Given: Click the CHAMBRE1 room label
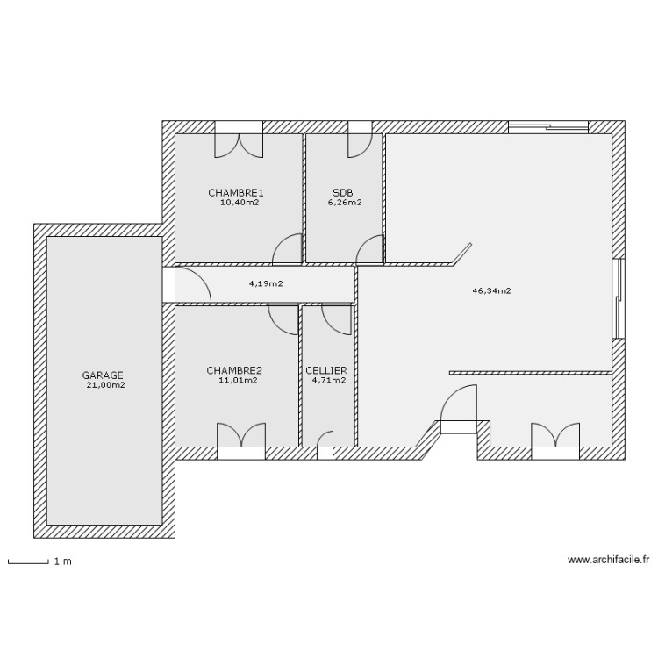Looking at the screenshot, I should click(236, 192).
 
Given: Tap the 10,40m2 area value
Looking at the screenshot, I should click(239, 202).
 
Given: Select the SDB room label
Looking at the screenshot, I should click(343, 192).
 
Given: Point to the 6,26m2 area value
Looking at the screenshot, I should click(345, 202).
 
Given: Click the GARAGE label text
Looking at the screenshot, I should click(103, 375).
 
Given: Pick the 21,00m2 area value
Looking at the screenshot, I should click(105, 384).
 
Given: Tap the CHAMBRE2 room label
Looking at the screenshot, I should click(234, 370).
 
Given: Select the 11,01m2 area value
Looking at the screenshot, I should click(238, 380).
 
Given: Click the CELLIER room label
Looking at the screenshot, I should click(326, 370).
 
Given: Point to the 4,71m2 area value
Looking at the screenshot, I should click(328, 380).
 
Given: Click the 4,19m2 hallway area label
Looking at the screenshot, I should click(265, 283).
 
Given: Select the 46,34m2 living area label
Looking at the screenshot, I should click(493, 290).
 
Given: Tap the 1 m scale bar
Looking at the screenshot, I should click(27, 561).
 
